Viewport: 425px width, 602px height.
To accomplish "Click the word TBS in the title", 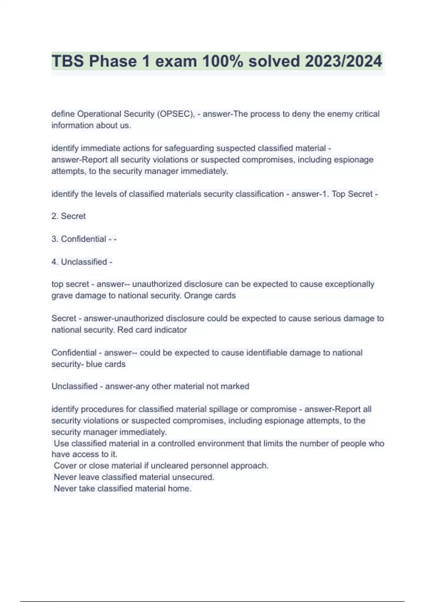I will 68,61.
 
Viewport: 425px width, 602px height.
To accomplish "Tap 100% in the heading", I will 222,61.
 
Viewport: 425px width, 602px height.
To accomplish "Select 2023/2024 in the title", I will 343,61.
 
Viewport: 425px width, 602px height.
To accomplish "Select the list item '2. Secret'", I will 68,216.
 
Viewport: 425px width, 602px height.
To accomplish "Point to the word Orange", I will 197,296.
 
